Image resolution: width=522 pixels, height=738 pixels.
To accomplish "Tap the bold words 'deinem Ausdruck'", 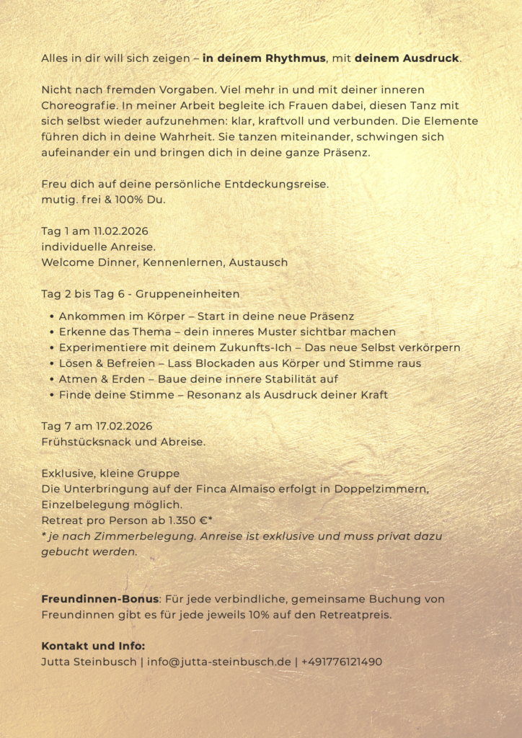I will [407, 58].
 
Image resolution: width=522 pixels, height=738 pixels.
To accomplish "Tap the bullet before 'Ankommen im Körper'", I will [52, 316].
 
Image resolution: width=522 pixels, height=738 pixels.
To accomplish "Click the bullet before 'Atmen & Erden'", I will [52, 379].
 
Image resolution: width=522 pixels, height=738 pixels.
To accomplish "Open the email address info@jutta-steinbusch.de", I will [219, 662].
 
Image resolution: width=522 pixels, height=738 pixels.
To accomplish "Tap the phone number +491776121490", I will [342, 662].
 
